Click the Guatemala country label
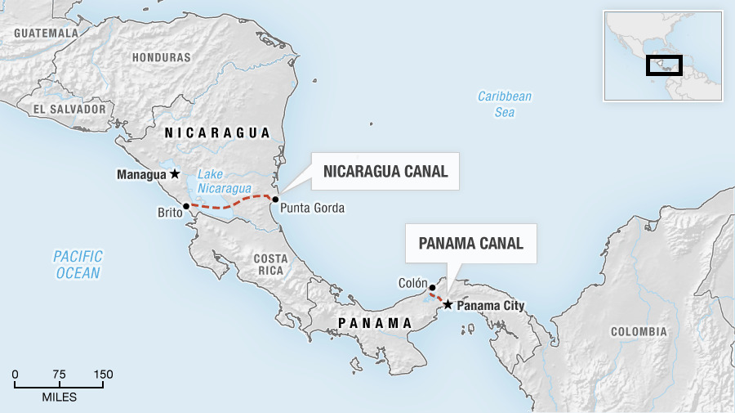tap(45, 33)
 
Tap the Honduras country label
tap(161, 58)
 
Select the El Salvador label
tap(70, 109)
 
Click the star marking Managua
tap(174, 174)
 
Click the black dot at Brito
tap(186, 206)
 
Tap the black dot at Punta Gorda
tap(275, 199)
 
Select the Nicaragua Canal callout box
tap(385, 172)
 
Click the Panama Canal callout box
tap(470, 243)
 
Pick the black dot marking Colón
tap(432, 288)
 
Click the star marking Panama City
tap(448, 305)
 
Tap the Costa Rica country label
tap(270, 264)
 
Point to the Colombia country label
tap(639, 332)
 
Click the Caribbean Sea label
tap(504, 104)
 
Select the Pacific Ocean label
tap(78, 265)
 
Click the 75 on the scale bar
tap(59, 375)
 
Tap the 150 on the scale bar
tap(102, 375)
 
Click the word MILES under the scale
tap(59, 397)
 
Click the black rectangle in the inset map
tap(663, 65)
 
